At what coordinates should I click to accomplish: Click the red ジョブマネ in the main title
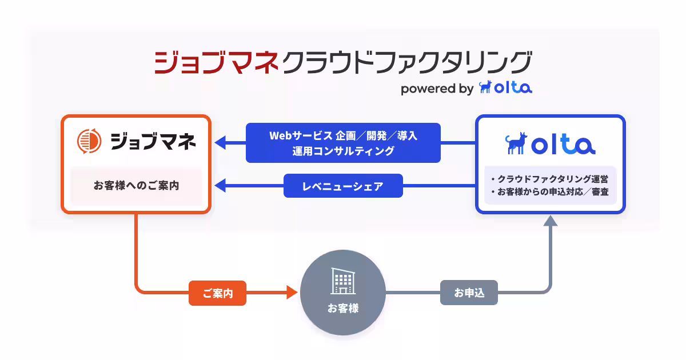click(x=216, y=62)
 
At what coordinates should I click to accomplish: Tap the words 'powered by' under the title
click(x=437, y=89)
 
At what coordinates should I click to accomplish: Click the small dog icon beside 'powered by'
click(x=485, y=87)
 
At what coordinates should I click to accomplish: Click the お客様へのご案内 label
click(x=136, y=186)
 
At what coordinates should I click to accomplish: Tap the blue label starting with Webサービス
click(x=343, y=143)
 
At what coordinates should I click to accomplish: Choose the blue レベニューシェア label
click(x=343, y=186)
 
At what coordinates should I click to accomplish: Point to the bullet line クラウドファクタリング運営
click(x=550, y=179)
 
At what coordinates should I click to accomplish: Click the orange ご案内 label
click(x=217, y=294)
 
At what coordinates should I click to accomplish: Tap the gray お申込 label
click(x=469, y=293)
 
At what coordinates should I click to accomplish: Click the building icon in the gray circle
click(x=342, y=281)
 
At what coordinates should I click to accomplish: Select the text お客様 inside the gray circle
click(x=343, y=308)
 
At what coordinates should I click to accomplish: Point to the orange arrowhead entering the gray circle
click(x=292, y=293)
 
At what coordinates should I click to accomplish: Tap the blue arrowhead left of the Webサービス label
click(x=221, y=143)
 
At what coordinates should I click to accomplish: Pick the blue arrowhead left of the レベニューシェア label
click(x=221, y=186)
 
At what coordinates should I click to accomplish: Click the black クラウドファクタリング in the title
click(x=406, y=62)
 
